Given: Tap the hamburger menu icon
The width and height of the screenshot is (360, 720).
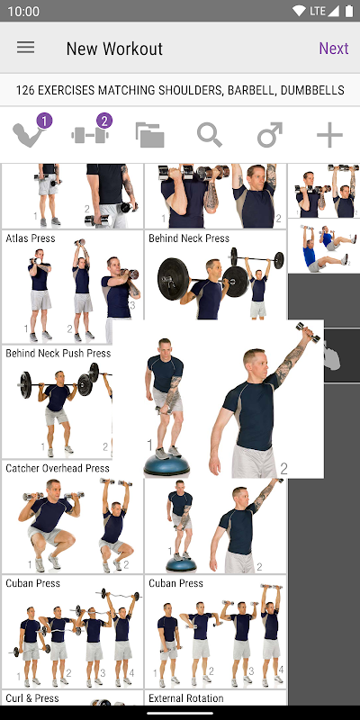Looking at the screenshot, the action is click(26, 48).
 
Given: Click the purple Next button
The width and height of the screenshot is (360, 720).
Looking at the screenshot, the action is click(334, 49).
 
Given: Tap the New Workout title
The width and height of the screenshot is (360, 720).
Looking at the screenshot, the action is click(114, 49).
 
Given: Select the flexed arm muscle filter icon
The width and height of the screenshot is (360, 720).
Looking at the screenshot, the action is click(29, 134).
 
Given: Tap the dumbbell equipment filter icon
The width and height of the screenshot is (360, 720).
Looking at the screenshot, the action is click(90, 135).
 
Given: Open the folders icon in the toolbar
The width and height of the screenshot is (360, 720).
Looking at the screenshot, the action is click(149, 135).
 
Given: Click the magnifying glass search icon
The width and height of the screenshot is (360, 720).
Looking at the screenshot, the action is click(210, 135).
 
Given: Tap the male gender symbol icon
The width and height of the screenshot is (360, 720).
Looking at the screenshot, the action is click(269, 135).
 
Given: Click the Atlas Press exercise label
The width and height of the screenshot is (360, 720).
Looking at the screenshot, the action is click(31, 238).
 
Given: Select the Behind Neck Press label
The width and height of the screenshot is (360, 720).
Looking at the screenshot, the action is click(189, 238).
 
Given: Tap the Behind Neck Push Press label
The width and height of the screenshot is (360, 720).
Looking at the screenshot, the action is click(58, 353).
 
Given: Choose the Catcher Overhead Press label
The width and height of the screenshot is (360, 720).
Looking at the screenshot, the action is click(58, 468).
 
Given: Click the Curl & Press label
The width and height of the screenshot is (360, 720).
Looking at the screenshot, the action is click(32, 698).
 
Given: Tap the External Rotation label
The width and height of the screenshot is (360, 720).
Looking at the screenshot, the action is click(186, 698).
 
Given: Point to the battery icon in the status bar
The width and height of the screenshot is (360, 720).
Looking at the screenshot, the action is click(350, 11).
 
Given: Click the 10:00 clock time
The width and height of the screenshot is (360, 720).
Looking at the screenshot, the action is click(23, 12).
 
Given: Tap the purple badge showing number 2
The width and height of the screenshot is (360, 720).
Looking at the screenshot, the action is click(104, 121).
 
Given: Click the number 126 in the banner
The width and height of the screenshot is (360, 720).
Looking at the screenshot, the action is click(25, 90).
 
